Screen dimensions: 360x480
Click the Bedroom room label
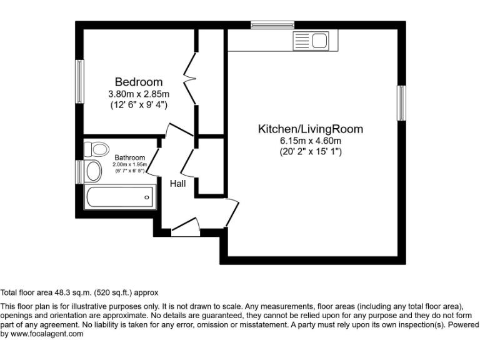click(138, 82)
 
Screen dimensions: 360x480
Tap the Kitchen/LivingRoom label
click(311, 129)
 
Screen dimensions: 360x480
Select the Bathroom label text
click(130, 157)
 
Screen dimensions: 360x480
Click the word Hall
click(178, 183)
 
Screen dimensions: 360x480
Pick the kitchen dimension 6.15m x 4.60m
click(311, 141)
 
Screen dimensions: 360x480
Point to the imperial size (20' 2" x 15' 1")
click(311, 152)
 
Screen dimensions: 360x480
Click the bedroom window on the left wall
click(79, 81)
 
